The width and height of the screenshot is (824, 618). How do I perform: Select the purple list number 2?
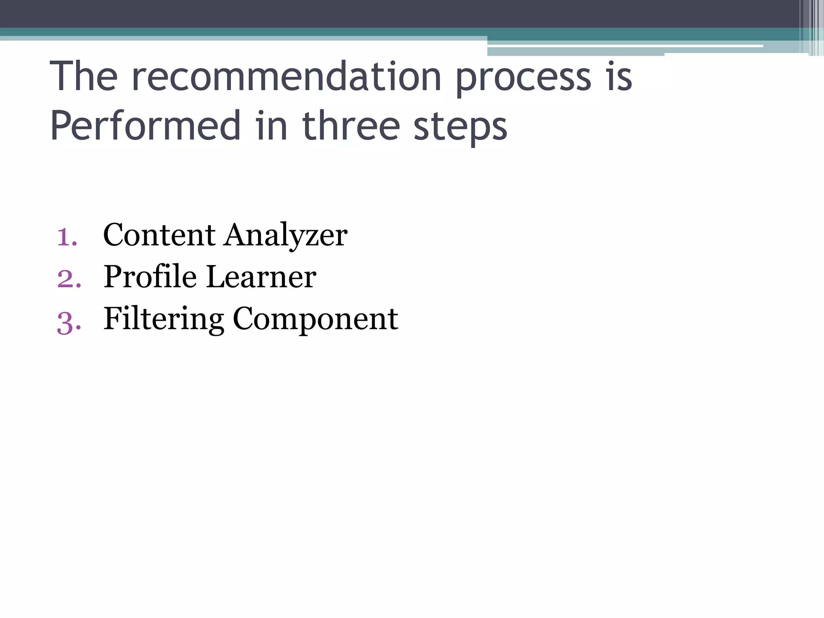pyautogui.click(x=68, y=278)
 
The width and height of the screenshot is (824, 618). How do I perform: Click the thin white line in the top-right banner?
pyautogui.click(x=624, y=46)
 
